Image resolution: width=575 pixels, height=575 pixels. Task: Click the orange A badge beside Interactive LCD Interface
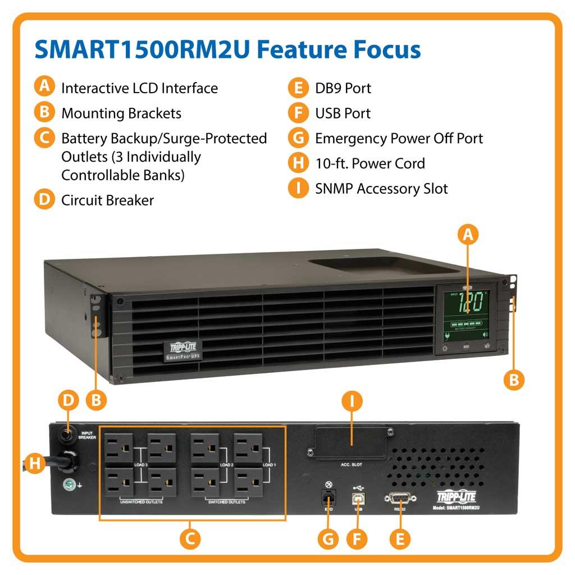(x=44, y=88)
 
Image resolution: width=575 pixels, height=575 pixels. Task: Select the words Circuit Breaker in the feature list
(x=107, y=200)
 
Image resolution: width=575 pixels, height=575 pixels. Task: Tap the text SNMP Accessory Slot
(x=381, y=188)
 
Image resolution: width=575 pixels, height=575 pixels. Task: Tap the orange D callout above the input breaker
(x=69, y=400)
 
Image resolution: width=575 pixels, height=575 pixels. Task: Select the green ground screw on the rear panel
(x=67, y=483)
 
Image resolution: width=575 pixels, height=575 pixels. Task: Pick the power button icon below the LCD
(x=445, y=348)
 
